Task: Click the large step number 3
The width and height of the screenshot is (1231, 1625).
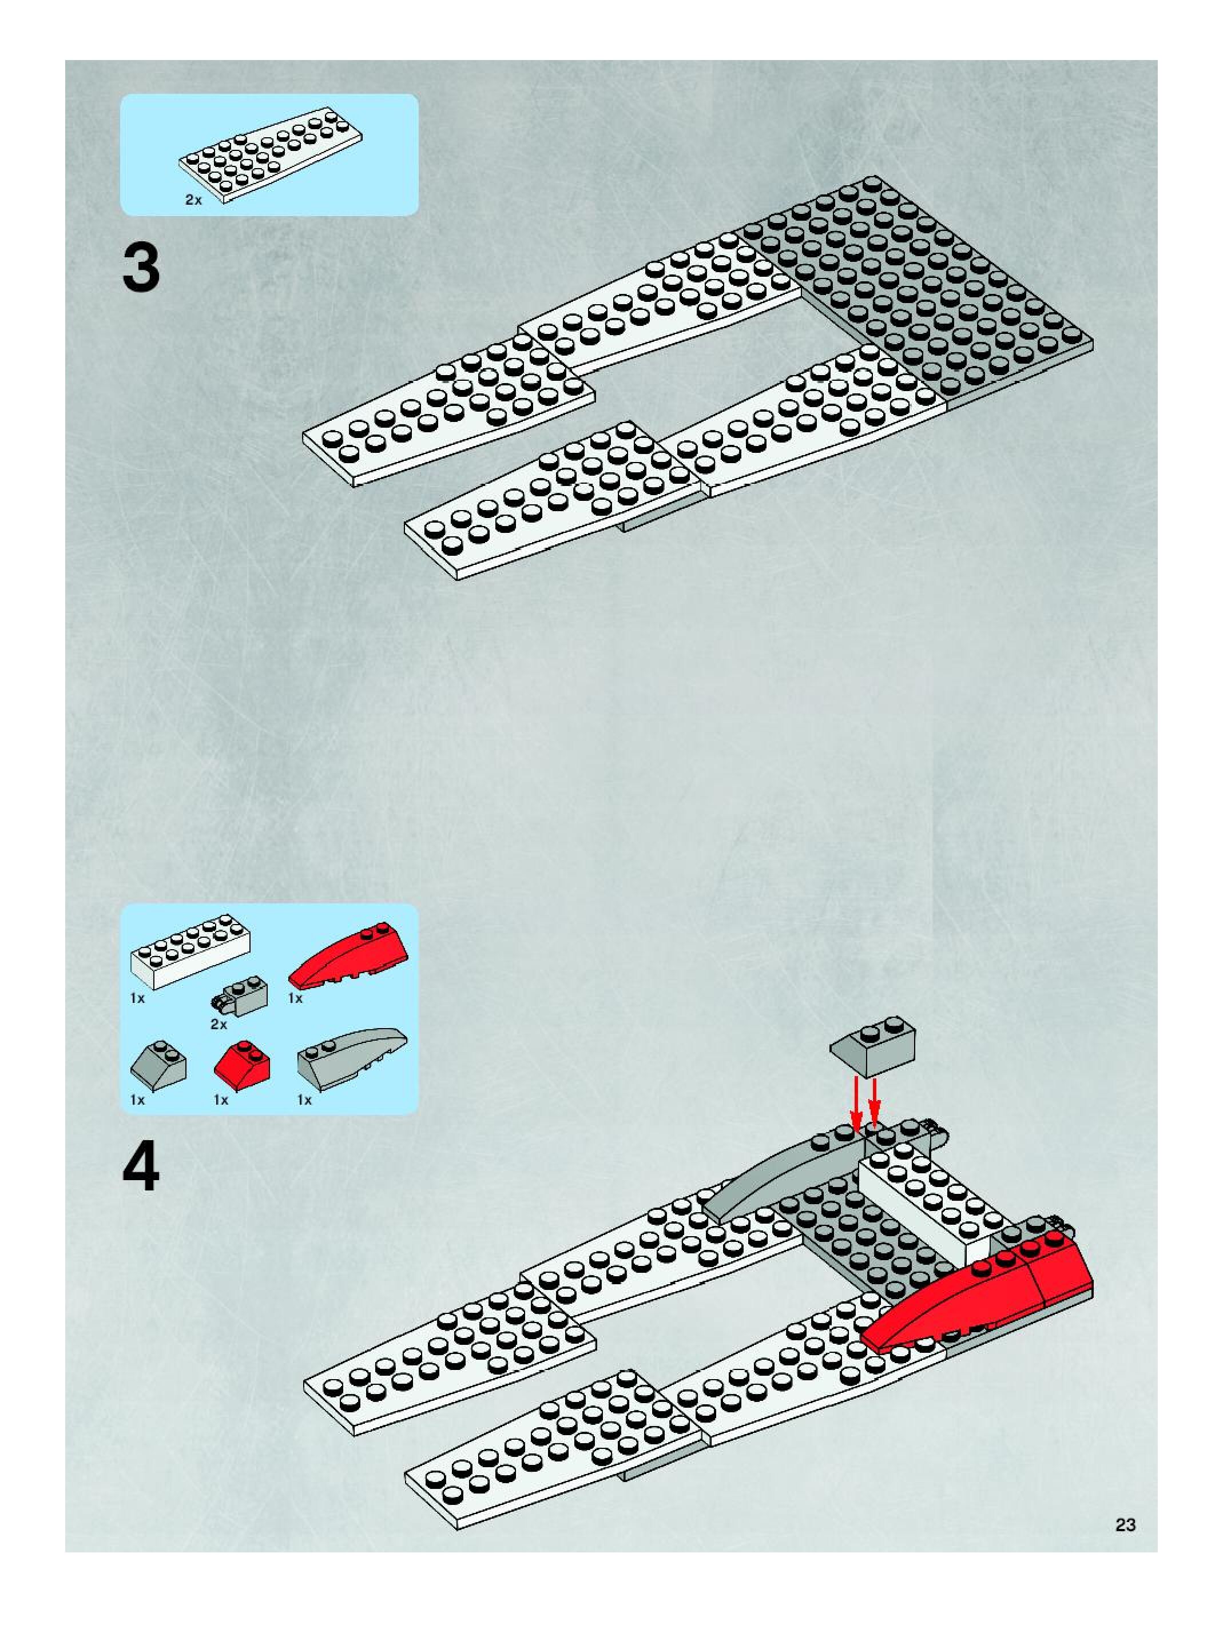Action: coord(141,268)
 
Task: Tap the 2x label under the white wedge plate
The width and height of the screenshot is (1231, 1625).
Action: coord(193,200)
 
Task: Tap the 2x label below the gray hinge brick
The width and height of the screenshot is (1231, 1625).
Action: coord(219,1024)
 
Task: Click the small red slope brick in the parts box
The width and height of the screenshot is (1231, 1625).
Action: coord(243,1064)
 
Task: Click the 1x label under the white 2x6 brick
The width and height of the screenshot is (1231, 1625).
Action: coord(137,998)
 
